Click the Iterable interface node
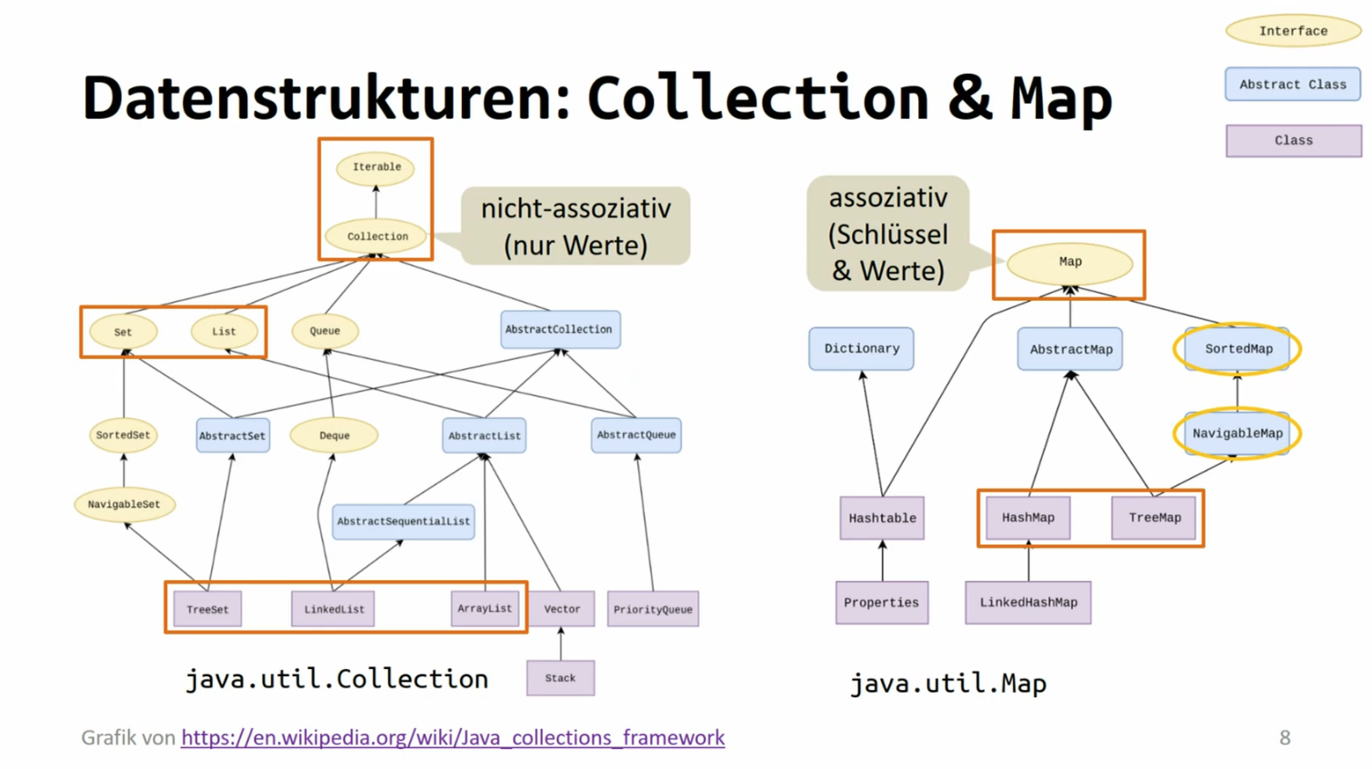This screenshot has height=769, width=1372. pyautogui.click(x=376, y=167)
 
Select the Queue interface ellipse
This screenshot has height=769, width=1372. pyautogui.click(x=325, y=331)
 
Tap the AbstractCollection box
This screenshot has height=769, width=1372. pyautogui.click(x=560, y=329)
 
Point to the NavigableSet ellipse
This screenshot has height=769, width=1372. pyautogui.click(x=125, y=504)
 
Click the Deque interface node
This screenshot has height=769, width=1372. pyautogui.click(x=334, y=435)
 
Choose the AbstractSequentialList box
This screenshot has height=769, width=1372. pyautogui.click(x=403, y=522)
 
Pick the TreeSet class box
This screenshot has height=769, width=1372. pyautogui.click(x=207, y=609)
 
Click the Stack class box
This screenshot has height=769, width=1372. pyautogui.click(x=560, y=678)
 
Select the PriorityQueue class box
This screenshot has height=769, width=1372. pyautogui.click(x=653, y=609)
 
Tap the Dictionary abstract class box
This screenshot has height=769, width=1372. pyautogui.click(x=861, y=349)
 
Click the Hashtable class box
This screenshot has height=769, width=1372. pyautogui.click(x=882, y=518)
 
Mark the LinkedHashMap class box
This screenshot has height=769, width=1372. pyautogui.click(x=1028, y=603)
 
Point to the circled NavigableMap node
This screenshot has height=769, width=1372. pyautogui.click(x=1237, y=434)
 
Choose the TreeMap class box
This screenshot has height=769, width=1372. pyautogui.click(x=1155, y=518)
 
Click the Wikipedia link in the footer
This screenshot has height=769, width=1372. pyautogui.click(x=453, y=737)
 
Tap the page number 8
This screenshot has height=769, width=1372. pyautogui.click(x=1285, y=737)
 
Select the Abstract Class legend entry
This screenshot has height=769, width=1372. pyautogui.click(x=1293, y=85)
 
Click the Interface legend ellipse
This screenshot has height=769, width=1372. pyautogui.click(x=1293, y=31)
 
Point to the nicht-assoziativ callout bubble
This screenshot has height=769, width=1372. pyautogui.click(x=576, y=226)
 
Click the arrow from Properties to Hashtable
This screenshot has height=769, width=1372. pyautogui.click(x=882, y=560)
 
